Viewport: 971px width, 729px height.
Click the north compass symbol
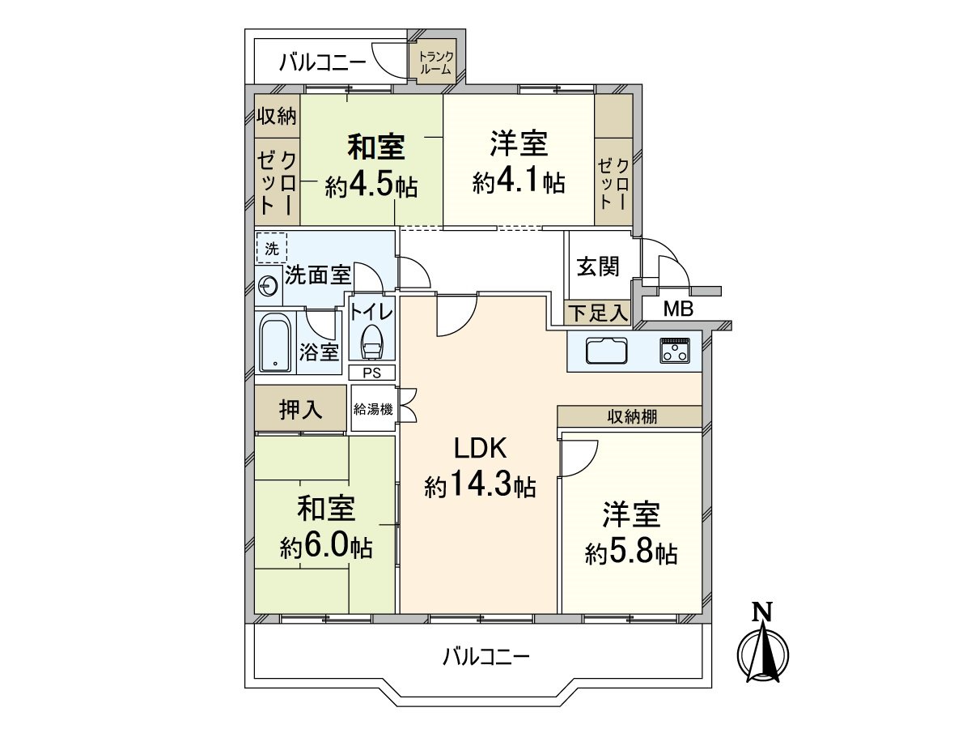click(x=763, y=648)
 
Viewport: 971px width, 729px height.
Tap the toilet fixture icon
click(x=372, y=343)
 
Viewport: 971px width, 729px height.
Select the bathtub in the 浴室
click(x=275, y=343)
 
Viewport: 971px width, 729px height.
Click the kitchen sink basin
click(x=607, y=352)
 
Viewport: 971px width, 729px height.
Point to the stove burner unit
click(x=675, y=350)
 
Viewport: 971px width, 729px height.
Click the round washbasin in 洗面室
click(x=267, y=284)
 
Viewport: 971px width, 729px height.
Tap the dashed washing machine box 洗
click(x=271, y=248)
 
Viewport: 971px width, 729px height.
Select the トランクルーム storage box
click(x=436, y=62)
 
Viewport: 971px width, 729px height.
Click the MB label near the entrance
click(x=677, y=309)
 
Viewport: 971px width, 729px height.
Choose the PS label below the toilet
click(x=372, y=373)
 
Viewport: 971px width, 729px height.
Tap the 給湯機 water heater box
click(x=373, y=409)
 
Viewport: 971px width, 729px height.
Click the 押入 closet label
click(x=301, y=411)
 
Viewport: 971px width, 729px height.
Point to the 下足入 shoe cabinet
click(x=597, y=312)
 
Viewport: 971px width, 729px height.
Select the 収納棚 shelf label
click(x=632, y=416)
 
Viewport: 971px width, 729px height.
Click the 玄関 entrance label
click(x=598, y=266)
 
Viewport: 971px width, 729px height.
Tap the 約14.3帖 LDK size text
click(x=479, y=486)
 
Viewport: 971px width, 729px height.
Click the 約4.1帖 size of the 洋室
click(x=519, y=183)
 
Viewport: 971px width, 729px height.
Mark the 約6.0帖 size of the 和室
click(x=326, y=548)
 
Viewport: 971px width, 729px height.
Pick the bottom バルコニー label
click(x=485, y=655)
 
